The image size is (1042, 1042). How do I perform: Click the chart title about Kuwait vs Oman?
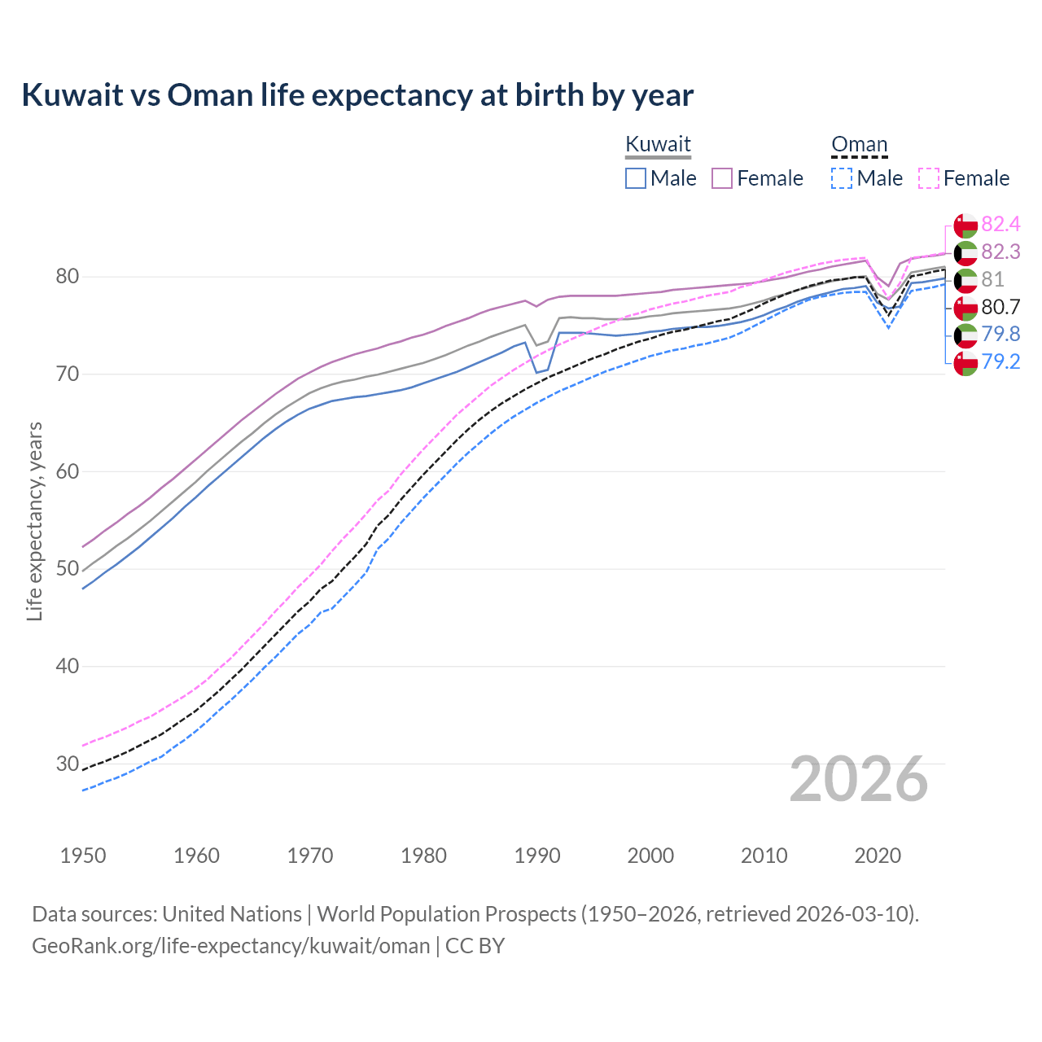[x=357, y=95]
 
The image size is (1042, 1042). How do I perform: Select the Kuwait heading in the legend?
[x=658, y=144]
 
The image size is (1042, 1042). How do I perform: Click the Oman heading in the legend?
[x=859, y=144]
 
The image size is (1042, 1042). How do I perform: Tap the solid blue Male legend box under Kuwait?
[x=636, y=178]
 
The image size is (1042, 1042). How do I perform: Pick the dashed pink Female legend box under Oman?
[x=929, y=178]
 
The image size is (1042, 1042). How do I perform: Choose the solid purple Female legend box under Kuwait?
[x=722, y=178]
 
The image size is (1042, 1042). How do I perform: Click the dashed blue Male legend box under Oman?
[x=842, y=178]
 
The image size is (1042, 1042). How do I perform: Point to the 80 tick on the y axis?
[x=67, y=277]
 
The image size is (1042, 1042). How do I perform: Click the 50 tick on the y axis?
[x=67, y=569]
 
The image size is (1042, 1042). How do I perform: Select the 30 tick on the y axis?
[x=67, y=764]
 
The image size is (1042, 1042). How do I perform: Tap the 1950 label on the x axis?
[x=83, y=856]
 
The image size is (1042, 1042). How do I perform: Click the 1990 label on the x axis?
[x=537, y=856]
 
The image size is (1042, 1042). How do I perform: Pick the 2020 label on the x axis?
[x=878, y=856]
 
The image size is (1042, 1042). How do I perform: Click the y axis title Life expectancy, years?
[x=34, y=521]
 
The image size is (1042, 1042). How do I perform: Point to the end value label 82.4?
[x=1000, y=224]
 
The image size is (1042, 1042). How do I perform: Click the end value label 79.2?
[x=1000, y=361]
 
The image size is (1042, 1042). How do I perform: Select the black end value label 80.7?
[x=1000, y=307]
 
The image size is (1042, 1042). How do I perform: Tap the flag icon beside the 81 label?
[x=965, y=280]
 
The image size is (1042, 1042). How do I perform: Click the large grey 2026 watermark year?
[x=859, y=779]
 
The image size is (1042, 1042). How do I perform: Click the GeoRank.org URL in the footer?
[x=230, y=946]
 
